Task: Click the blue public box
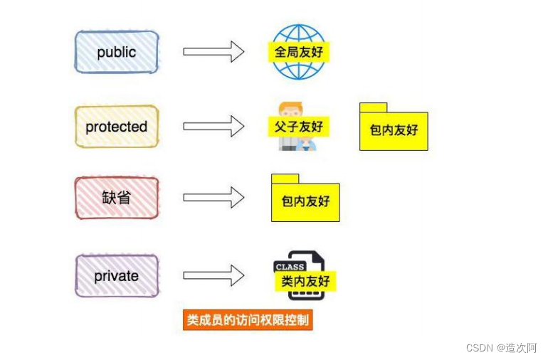click(x=117, y=52)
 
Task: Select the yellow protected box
click(x=117, y=127)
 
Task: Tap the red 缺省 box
click(x=117, y=198)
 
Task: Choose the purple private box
click(x=117, y=275)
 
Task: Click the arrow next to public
click(x=214, y=52)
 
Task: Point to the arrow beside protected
click(x=214, y=127)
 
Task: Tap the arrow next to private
click(x=214, y=275)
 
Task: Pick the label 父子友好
click(x=299, y=127)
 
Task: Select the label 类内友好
click(x=305, y=282)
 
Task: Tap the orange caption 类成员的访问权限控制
click(x=248, y=320)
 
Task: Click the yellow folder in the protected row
click(x=394, y=130)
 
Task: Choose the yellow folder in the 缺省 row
click(x=305, y=202)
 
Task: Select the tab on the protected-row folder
click(x=373, y=107)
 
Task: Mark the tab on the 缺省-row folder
click(x=285, y=179)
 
